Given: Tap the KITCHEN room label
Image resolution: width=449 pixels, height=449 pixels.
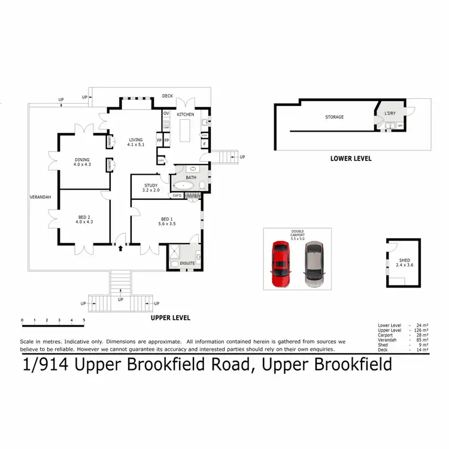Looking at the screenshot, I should tap(185, 114).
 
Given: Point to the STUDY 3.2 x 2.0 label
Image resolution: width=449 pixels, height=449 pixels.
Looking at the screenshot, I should tap(151, 187).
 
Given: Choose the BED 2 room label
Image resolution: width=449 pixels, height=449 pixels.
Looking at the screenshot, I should tap(84, 219).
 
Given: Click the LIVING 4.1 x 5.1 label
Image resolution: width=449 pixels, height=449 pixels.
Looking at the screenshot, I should tap(136, 142).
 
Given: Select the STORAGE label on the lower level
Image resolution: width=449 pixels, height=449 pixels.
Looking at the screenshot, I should tap(334, 117).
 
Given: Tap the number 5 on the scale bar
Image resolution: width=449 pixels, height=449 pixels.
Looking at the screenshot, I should tap(84, 320).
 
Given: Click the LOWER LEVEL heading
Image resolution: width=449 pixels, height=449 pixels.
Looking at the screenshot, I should tap(351, 159).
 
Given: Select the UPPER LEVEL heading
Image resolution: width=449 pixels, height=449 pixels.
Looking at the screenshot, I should tap(171, 317).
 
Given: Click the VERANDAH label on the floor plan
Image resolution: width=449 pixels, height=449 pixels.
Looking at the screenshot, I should tap(41, 197).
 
